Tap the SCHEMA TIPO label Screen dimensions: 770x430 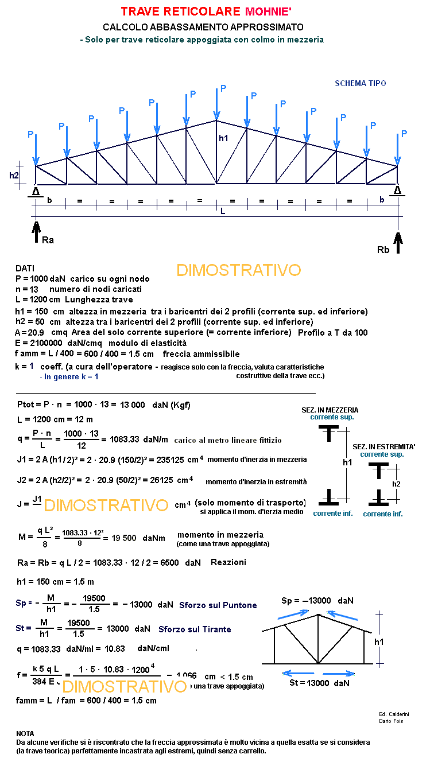coord(360,83)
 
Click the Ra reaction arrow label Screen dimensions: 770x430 coord(48,240)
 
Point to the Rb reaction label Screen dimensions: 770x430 coord(383,250)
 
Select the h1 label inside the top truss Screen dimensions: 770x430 coord(223,138)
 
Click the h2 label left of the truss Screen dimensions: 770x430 coord(14,176)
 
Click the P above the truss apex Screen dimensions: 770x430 coord(223,88)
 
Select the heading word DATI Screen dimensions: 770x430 coord(25,268)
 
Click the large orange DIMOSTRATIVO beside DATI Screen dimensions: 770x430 coord(238,270)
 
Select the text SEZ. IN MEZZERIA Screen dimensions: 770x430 coord(330,410)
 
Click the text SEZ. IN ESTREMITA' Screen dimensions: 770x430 coord(383,446)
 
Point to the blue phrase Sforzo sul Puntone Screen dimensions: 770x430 coord(218,605)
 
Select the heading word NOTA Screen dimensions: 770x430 coord(25,733)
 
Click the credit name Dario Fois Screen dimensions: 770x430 coord(390,721)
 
